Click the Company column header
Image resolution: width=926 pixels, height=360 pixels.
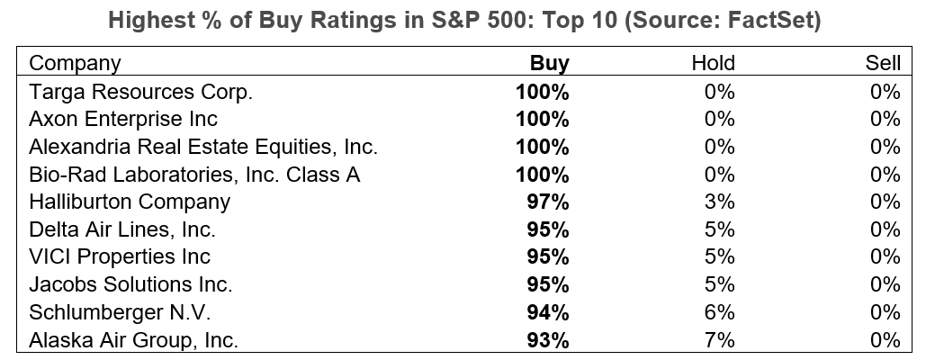tap(75, 63)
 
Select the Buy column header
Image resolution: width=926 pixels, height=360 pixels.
tap(549, 63)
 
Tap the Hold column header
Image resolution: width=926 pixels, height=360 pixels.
tap(713, 63)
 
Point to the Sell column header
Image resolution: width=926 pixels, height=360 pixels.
tap(881, 63)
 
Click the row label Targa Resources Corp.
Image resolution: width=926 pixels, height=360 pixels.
tap(141, 91)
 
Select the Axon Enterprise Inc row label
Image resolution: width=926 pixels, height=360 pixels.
tap(123, 119)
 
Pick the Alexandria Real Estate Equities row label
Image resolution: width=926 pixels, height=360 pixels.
tap(203, 147)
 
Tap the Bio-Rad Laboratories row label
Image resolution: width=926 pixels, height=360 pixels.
tap(194, 175)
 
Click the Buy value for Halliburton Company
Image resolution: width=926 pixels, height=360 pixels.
tap(549, 202)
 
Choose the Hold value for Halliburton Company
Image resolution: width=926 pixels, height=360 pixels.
tap(719, 202)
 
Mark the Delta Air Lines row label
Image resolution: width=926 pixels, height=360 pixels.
tap(122, 229)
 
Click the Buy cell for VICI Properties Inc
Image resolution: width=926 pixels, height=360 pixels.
tap(549, 257)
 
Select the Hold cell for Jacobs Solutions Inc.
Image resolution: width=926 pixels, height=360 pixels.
tap(719, 284)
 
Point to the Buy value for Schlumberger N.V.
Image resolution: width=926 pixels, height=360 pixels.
tap(549, 312)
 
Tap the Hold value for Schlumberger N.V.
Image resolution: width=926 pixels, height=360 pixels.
tap(719, 312)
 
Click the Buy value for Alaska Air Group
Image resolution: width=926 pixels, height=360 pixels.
tap(549, 340)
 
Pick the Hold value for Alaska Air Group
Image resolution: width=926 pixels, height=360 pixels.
tap(719, 340)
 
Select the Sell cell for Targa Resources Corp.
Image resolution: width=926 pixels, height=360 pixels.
tap(886, 91)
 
